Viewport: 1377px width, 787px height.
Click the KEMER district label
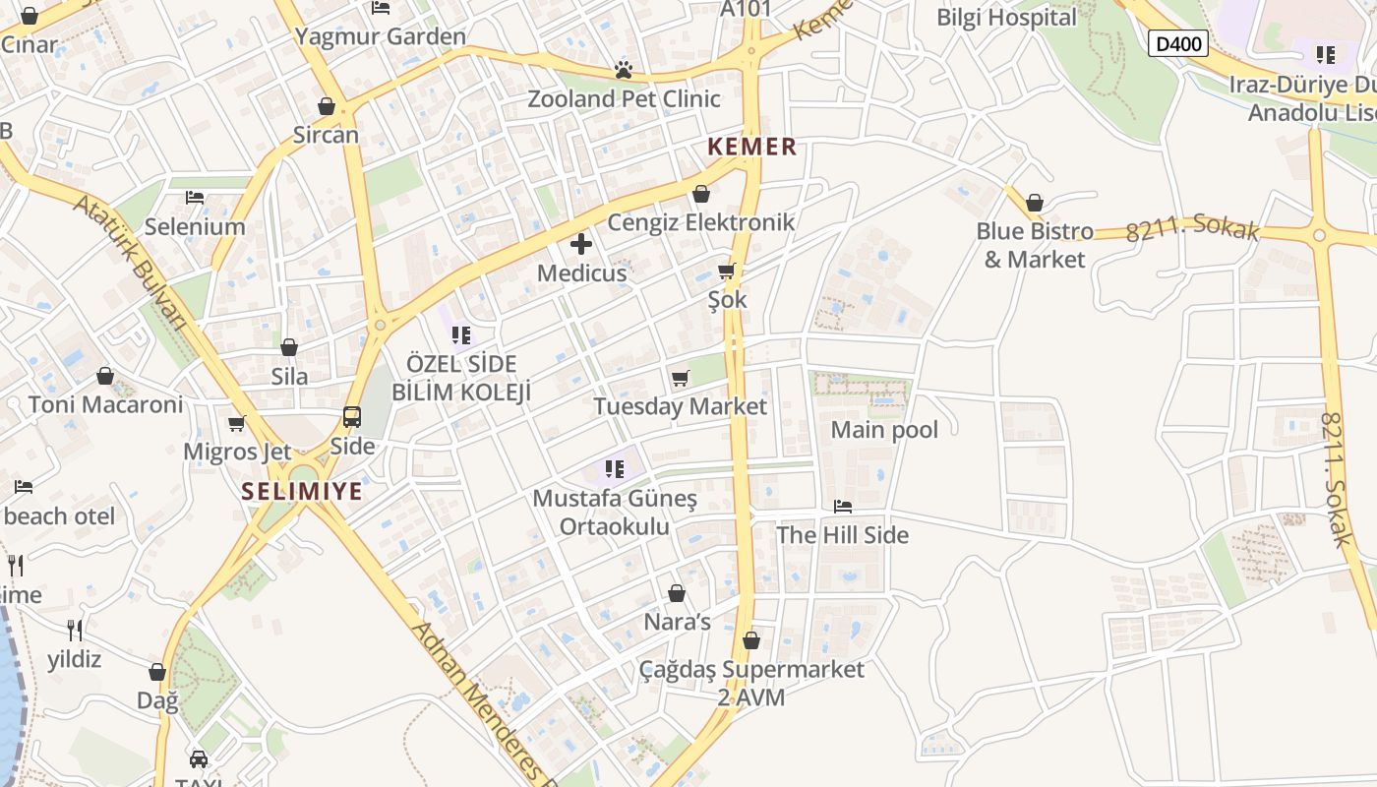point(751,148)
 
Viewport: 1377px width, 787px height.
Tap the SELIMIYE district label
point(303,491)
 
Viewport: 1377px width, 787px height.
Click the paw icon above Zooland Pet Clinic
point(623,70)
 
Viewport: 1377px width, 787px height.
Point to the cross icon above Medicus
point(581,243)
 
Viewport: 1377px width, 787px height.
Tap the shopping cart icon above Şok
point(727,271)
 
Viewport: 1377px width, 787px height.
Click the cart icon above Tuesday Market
point(680,378)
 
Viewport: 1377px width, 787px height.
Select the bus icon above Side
point(351,417)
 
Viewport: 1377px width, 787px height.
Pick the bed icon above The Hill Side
point(843,507)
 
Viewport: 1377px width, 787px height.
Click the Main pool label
point(884,430)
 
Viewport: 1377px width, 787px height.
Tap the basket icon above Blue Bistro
point(1034,204)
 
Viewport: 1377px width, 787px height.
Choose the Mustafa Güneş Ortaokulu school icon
point(616,468)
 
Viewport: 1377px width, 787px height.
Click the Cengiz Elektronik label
point(700,222)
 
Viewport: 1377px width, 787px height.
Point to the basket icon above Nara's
point(677,593)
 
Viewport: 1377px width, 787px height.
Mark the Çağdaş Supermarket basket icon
point(751,640)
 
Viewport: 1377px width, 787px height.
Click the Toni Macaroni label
point(106,404)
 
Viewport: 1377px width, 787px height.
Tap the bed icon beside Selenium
point(195,198)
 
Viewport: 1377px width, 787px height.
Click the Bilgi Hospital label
point(1006,18)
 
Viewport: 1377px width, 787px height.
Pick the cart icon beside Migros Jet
point(236,424)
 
